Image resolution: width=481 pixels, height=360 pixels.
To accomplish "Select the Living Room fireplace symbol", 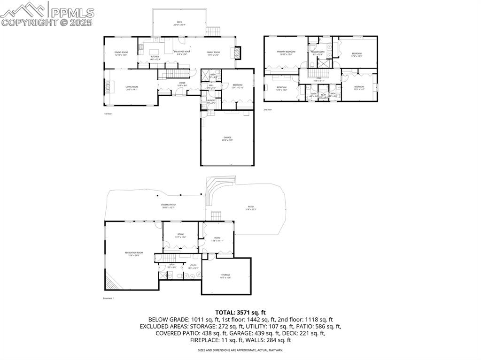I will click(x=107, y=87).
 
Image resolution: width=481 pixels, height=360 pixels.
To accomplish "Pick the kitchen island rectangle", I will click(x=155, y=52).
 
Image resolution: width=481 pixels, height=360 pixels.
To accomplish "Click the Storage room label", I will click(x=226, y=276).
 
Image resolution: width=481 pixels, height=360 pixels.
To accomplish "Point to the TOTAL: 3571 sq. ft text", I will click(x=240, y=312).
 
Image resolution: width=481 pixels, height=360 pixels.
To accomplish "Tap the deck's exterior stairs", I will click(x=213, y=31).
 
